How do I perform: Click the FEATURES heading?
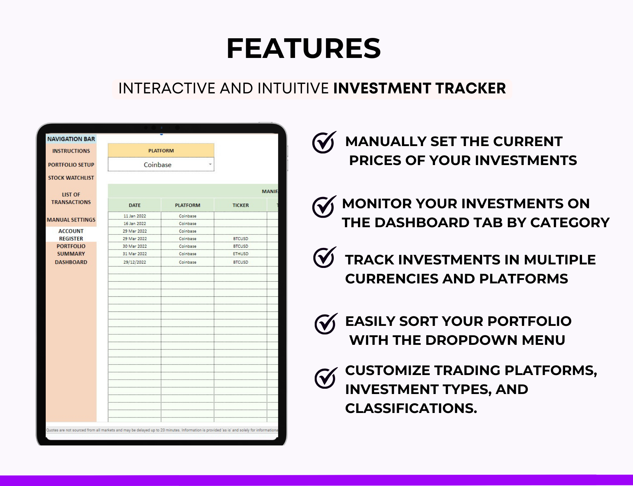(303, 48)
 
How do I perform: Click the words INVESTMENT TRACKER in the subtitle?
(419, 88)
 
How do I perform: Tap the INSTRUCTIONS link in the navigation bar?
(71, 151)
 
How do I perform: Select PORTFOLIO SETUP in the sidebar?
(71, 165)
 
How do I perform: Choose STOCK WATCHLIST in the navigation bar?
(71, 178)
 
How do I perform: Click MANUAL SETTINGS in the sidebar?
(71, 220)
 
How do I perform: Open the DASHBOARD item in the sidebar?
(71, 262)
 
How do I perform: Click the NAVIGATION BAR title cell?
(71, 139)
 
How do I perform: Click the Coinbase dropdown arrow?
(210, 164)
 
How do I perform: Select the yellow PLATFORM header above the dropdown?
(161, 151)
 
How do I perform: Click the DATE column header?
(134, 205)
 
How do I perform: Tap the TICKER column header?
(241, 205)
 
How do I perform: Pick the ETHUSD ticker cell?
(241, 254)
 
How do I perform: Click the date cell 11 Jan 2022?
(134, 216)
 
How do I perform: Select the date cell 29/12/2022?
(134, 262)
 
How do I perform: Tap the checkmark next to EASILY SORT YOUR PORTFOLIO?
(325, 323)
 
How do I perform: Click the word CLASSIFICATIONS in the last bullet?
(410, 408)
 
